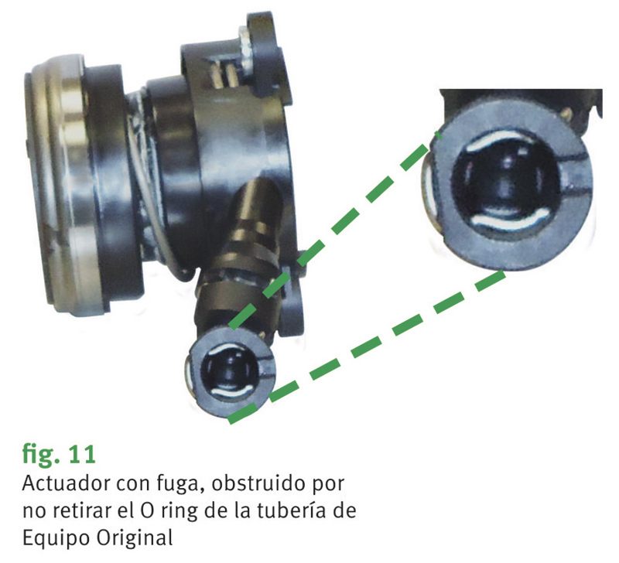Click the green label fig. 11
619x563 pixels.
click(59, 455)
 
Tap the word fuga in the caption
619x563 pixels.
click(178, 484)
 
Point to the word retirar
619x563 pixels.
click(81, 510)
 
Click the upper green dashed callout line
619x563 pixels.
click(335, 230)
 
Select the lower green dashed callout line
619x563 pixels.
click(367, 346)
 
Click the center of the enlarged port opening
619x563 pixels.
click(509, 182)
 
